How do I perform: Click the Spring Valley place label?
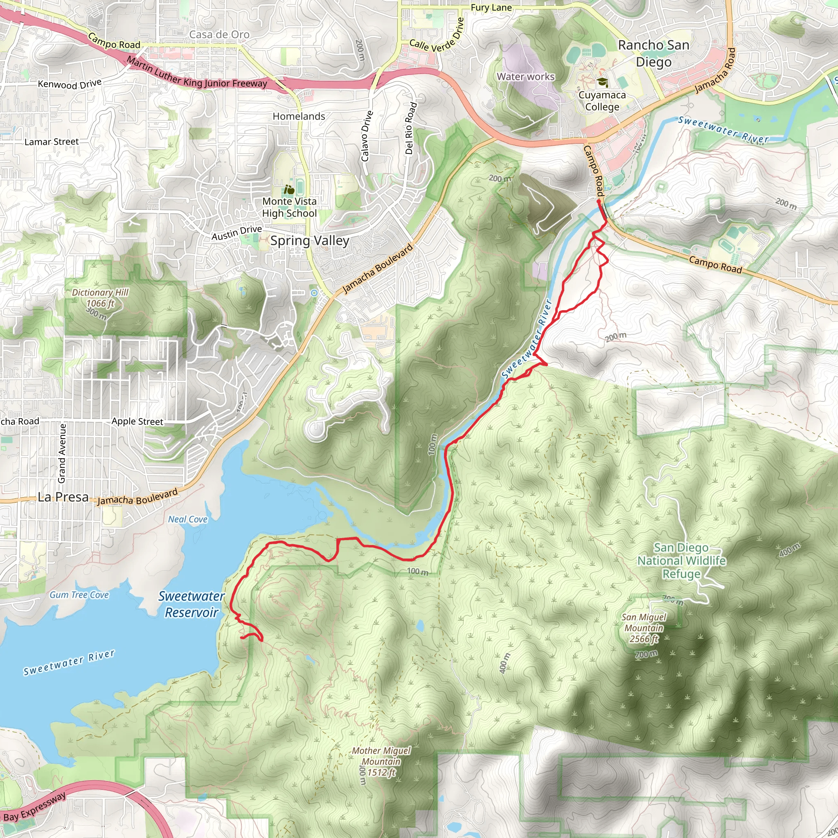tap(310, 241)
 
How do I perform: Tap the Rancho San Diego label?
tap(653, 53)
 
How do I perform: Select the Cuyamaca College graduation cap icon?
tap(601, 82)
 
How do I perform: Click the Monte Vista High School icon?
tap(289, 189)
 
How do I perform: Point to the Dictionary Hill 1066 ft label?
tap(100, 298)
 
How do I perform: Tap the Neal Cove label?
tap(188, 519)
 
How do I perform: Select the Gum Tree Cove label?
tap(79, 595)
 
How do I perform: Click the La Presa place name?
tap(63, 497)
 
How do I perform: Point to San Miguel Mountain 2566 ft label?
tap(644, 628)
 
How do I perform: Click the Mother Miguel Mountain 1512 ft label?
tap(381, 761)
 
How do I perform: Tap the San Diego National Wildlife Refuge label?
tap(681, 561)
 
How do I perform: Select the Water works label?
tap(525, 77)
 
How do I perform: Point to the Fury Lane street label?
tap(491, 8)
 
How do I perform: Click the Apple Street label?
tap(137, 421)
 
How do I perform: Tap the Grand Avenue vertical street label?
tap(62, 453)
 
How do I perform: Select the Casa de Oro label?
tap(219, 34)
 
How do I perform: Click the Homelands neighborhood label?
tap(299, 116)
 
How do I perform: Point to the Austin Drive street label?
tap(237, 233)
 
